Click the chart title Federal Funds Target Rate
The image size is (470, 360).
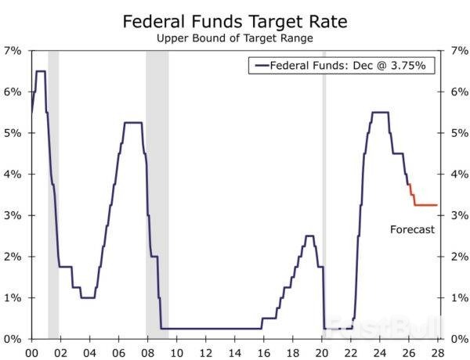[x=235, y=21]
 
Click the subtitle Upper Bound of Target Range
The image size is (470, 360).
[x=235, y=37]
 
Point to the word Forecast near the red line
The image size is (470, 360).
[x=412, y=229]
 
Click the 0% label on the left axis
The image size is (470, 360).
[x=13, y=339]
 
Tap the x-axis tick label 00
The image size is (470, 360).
[x=32, y=352]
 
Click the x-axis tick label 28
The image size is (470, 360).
[x=437, y=352]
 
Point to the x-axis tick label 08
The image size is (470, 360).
[x=147, y=352]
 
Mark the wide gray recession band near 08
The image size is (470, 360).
[x=157, y=196]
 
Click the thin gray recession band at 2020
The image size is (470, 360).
[x=324, y=196]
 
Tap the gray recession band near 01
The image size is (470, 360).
[x=53, y=196]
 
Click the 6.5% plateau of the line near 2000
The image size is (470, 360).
[x=40, y=71]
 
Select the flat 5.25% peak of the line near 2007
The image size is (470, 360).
[x=133, y=123]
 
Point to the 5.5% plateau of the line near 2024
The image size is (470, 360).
[x=380, y=113]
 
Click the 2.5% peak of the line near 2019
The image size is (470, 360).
[x=309, y=236]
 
